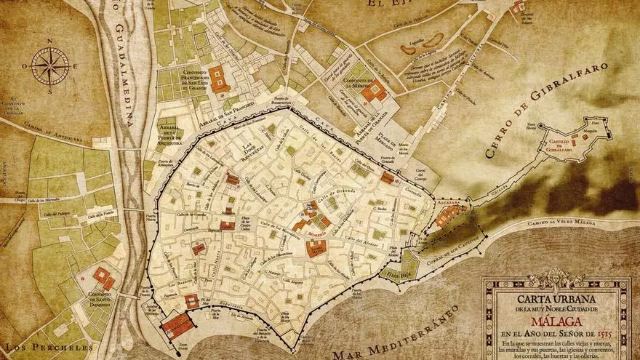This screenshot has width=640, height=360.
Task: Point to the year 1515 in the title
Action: (x=606, y=335)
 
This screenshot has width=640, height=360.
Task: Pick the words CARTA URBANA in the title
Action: (x=556, y=298)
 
